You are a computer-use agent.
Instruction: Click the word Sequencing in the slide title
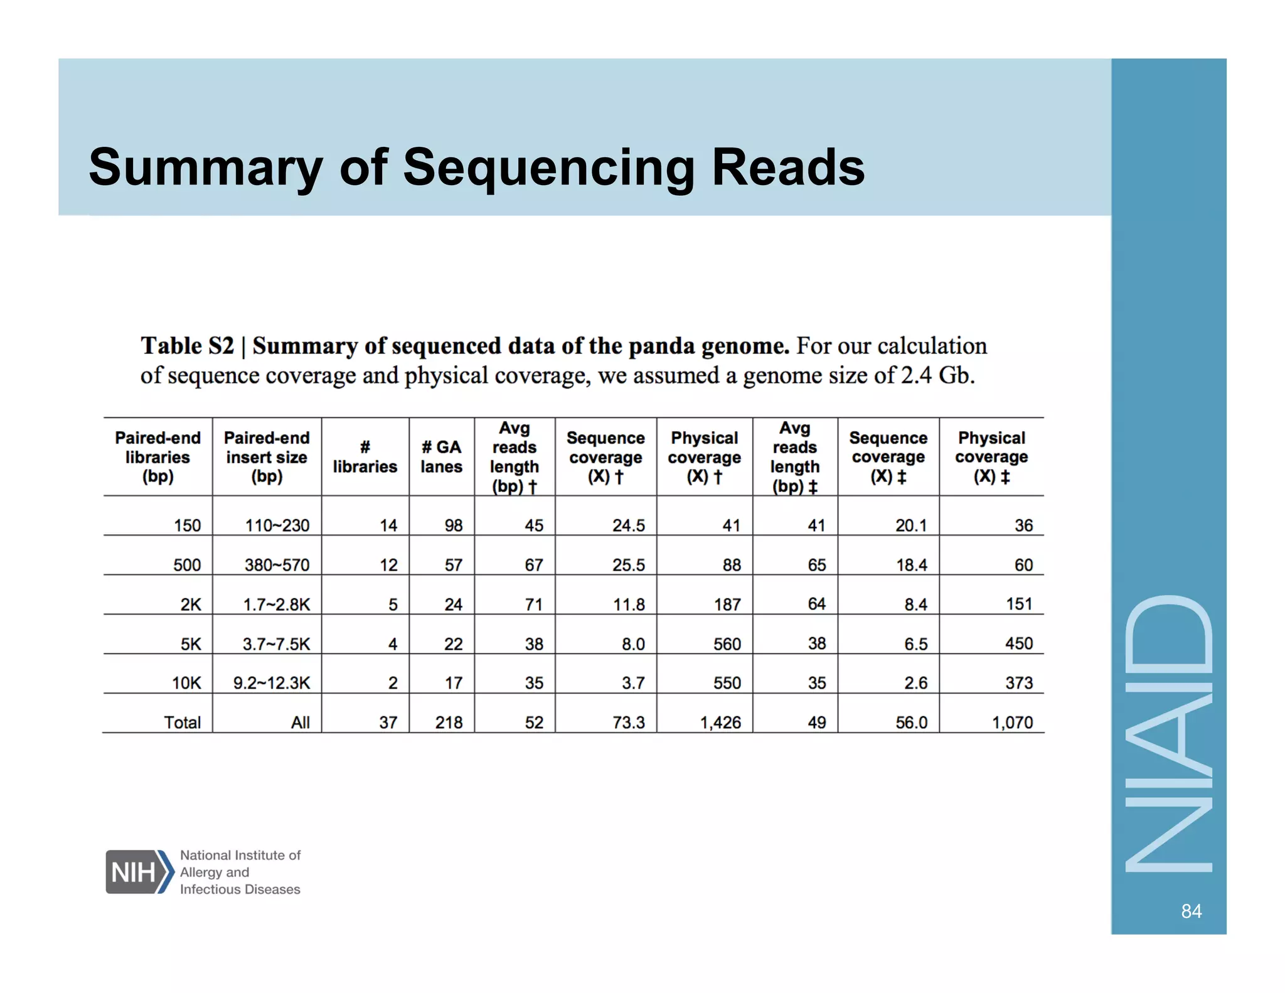(548, 168)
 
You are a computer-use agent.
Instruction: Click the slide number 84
(1191, 911)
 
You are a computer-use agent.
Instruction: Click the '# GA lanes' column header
(441, 456)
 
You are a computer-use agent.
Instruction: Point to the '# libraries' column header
(365, 456)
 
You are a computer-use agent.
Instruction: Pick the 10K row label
(186, 683)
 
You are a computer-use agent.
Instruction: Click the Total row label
(182, 722)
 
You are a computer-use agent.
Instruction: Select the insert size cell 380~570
(277, 565)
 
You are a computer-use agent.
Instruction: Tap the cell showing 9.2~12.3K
(272, 683)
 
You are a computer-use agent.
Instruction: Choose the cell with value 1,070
(1012, 722)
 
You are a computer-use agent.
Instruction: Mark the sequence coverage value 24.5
(628, 525)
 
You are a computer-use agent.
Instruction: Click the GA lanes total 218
(449, 722)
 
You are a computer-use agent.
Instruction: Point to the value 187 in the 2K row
(727, 604)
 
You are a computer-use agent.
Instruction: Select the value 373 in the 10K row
(1019, 683)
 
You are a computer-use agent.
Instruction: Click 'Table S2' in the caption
(187, 346)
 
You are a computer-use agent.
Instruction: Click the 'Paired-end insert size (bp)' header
(267, 456)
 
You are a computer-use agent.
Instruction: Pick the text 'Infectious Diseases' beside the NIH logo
(240, 889)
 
